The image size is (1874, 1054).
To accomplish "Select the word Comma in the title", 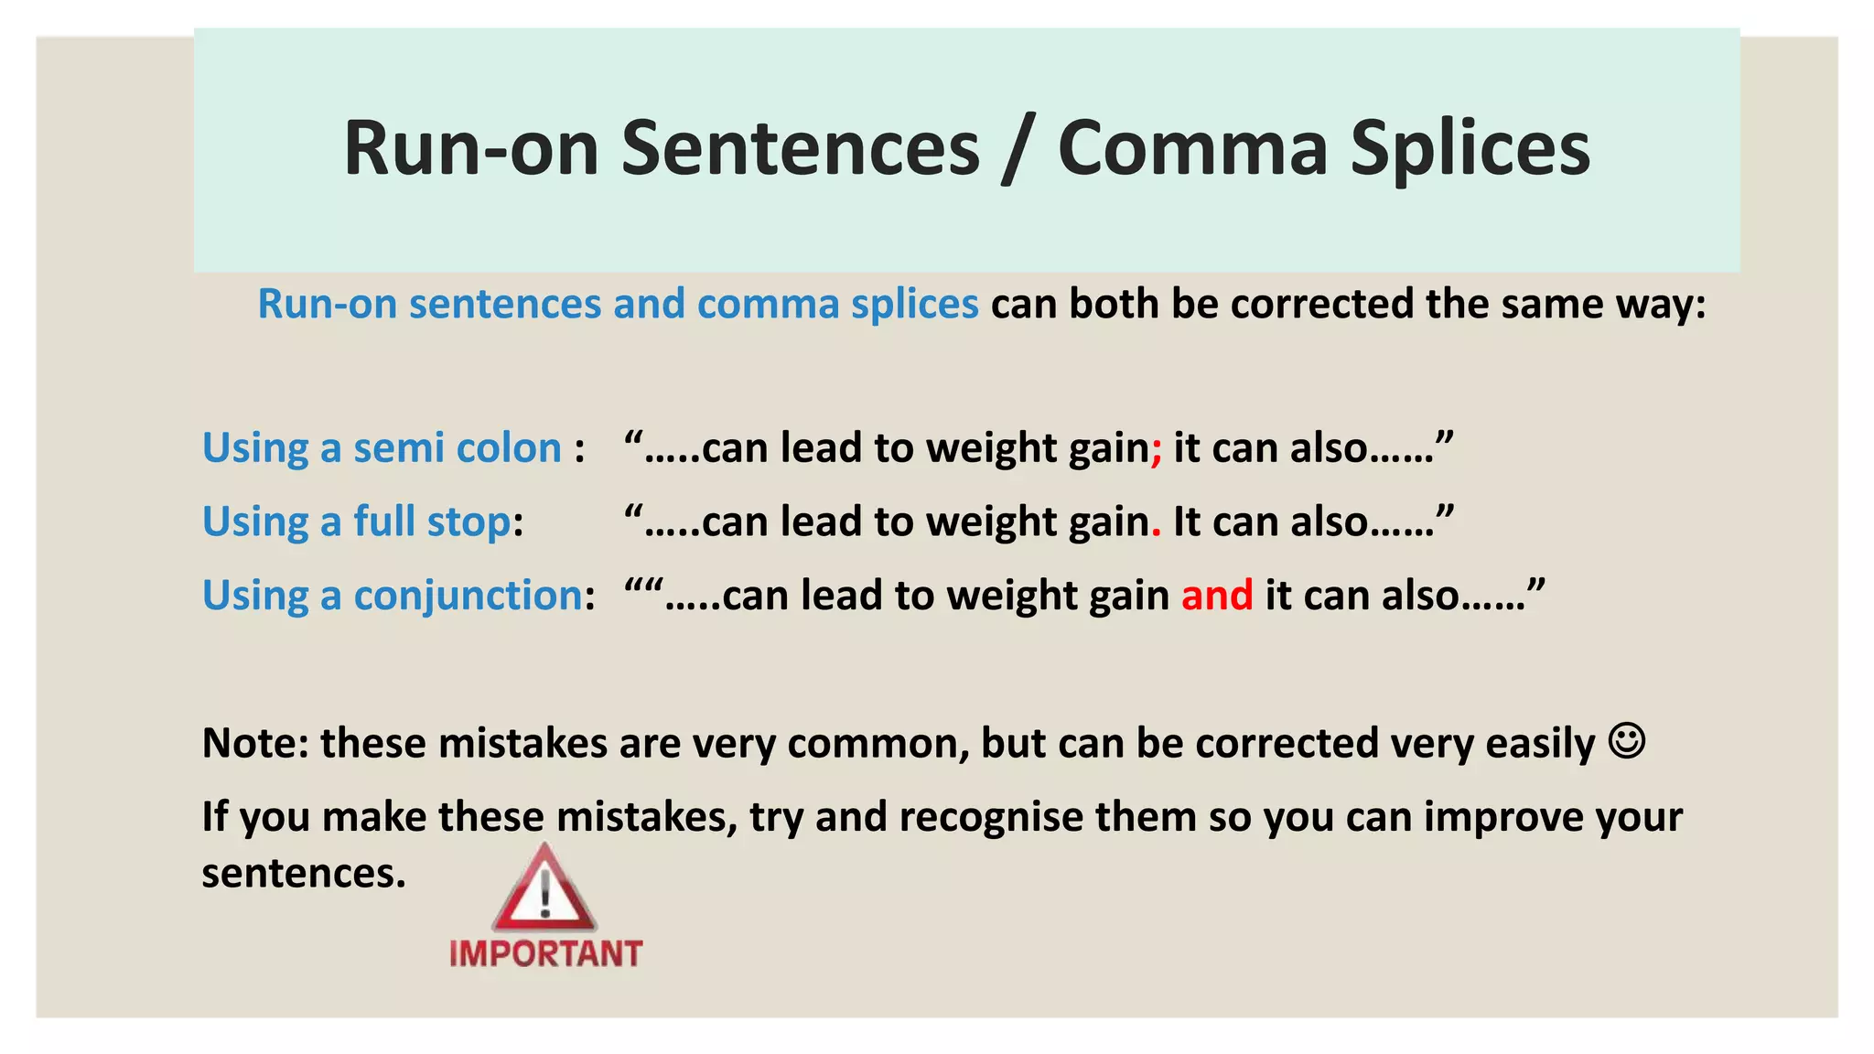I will point(1191,149).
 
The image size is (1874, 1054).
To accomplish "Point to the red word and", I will point(1216,596).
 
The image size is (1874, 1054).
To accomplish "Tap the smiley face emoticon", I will point(1626,740).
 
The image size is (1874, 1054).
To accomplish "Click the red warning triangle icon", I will point(544,888).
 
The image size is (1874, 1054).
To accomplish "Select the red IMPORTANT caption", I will point(545,954).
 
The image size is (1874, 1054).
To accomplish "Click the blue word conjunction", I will point(468,596).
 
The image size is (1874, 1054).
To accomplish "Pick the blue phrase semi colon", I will point(457,448).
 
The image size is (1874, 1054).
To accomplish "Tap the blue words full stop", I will point(432,522).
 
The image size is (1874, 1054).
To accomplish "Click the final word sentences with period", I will point(303,873).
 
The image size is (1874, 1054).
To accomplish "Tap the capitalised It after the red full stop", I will point(1186,522).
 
